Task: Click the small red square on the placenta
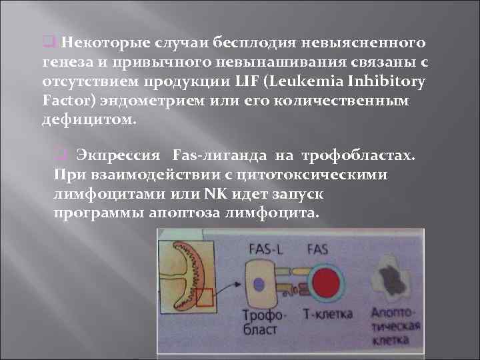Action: point(205,295)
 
